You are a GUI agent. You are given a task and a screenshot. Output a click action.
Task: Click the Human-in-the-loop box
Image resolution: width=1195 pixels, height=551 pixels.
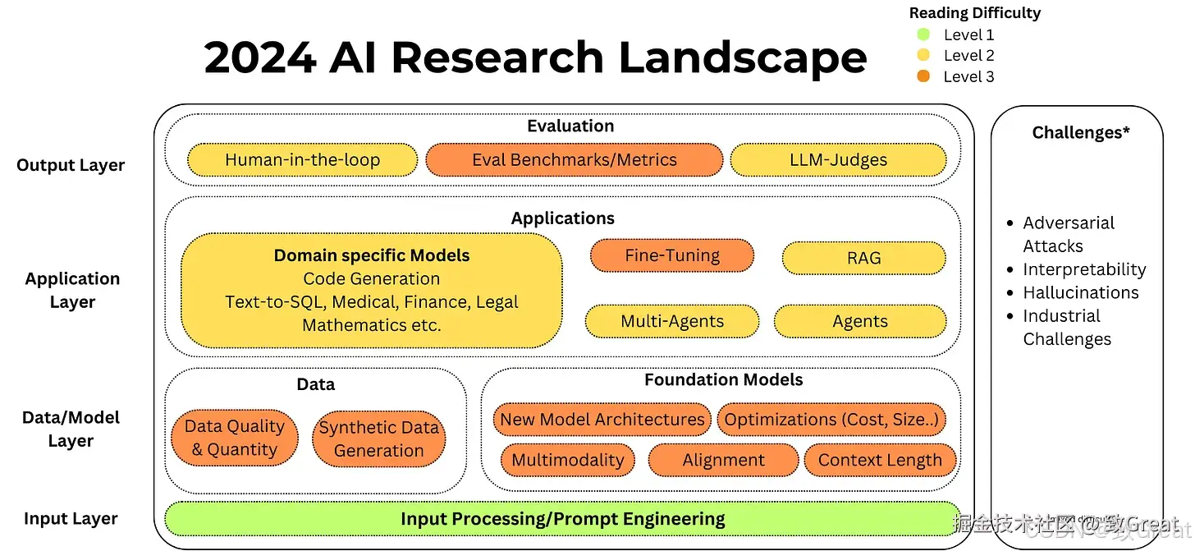(302, 160)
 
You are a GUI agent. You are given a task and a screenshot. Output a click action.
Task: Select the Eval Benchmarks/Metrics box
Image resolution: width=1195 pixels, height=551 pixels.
(574, 160)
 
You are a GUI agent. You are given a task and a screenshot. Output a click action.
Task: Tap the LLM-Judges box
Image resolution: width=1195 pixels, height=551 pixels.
(837, 160)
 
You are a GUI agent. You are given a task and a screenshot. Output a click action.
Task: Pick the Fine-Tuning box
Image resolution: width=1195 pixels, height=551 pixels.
(671, 255)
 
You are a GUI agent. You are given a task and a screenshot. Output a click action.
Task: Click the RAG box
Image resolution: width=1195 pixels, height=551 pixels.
(863, 258)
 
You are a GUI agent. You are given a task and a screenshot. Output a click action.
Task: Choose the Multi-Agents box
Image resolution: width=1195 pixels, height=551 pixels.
(671, 321)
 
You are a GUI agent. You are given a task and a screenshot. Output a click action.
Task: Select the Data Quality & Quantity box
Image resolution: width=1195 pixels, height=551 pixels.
(235, 438)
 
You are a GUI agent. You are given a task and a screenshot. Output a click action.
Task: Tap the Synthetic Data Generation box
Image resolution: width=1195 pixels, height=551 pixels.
(378, 439)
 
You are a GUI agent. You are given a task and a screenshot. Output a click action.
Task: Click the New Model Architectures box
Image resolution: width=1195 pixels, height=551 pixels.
(602, 420)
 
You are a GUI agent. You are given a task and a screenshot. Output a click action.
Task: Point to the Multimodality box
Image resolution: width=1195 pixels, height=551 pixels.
(567, 460)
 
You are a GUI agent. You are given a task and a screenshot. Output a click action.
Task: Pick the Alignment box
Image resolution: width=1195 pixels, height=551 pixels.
(723, 460)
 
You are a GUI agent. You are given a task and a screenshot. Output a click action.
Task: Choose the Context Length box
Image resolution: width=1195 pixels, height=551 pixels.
(880, 460)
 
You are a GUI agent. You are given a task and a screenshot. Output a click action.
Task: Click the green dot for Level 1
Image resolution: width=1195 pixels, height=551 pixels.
(923, 34)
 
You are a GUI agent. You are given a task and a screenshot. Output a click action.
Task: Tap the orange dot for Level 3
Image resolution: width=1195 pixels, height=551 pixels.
(923, 76)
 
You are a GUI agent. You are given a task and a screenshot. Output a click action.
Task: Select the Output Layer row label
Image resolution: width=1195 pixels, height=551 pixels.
(71, 165)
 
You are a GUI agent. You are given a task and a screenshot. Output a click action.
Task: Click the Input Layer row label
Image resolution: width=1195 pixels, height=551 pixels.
(71, 518)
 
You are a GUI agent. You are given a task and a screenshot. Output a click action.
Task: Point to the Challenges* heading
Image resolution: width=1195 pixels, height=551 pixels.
(1081, 132)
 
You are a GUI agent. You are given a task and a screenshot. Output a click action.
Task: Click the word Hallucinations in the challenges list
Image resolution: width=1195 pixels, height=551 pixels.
(1081, 292)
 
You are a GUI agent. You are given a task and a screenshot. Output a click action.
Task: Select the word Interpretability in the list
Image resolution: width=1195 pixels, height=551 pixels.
(1084, 269)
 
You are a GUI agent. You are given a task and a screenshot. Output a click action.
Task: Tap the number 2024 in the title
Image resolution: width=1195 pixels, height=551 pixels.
(259, 57)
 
